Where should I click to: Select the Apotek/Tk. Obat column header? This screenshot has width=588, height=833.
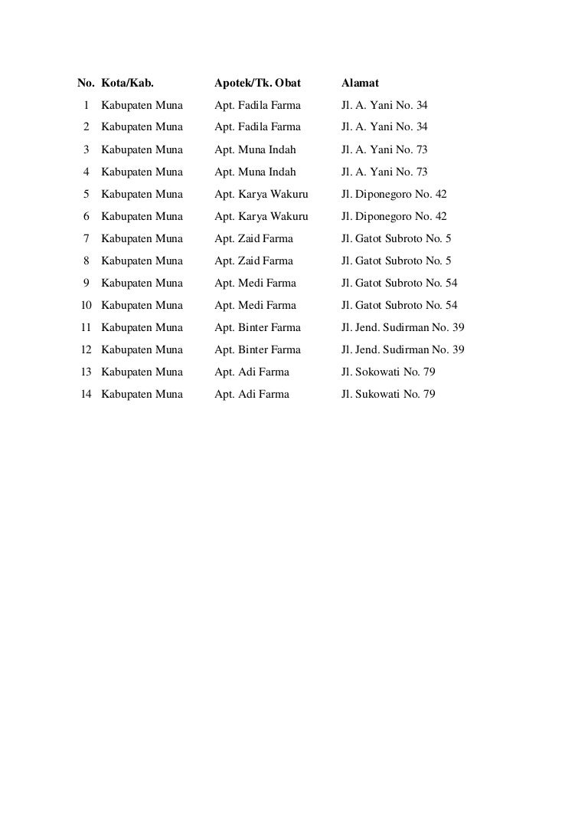click(257, 83)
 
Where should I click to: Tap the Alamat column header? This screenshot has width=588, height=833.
click(360, 83)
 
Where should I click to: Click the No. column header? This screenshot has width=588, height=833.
click(86, 83)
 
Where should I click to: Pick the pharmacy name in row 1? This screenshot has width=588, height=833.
click(257, 105)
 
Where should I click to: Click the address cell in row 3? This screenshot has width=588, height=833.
click(384, 149)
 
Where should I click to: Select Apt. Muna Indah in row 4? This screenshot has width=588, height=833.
click(255, 172)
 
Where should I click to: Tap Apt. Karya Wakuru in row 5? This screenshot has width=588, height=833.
click(261, 194)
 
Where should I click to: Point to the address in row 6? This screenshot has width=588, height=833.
click(394, 216)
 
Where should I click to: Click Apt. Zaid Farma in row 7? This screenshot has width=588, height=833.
click(253, 238)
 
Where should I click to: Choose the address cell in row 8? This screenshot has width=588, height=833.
click(396, 261)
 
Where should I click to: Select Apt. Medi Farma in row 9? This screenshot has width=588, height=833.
click(255, 283)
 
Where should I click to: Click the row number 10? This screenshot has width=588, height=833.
click(87, 305)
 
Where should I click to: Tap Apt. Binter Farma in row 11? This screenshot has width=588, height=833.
click(257, 327)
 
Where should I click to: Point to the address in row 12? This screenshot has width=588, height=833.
click(403, 349)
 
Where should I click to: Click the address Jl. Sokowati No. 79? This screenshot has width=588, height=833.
click(388, 372)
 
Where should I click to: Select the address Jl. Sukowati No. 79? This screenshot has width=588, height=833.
click(388, 394)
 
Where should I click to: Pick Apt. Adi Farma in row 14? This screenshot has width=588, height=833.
click(252, 394)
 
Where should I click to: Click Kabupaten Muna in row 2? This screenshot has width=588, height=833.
click(142, 127)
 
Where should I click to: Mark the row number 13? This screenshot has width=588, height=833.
click(87, 372)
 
